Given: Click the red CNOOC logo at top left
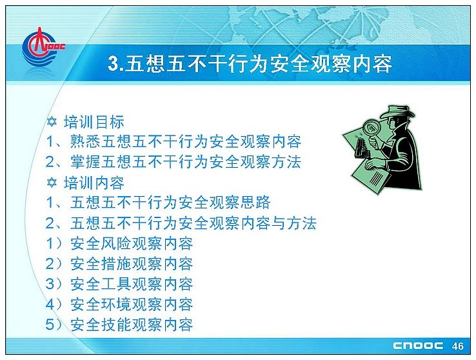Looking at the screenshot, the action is pyautogui.click(x=42, y=47).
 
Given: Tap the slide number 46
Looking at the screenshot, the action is pyautogui.click(x=457, y=346).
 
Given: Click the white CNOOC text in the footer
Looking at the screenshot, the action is pyautogui.click(x=418, y=346).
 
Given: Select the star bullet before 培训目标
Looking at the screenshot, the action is pyautogui.click(x=52, y=122).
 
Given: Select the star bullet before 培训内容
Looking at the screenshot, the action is pyautogui.click(x=52, y=183).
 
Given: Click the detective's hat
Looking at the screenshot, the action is pyautogui.click(x=397, y=112).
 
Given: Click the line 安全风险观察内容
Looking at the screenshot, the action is pyautogui.click(x=131, y=243).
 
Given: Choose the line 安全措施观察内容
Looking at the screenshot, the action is pyautogui.click(x=131, y=264).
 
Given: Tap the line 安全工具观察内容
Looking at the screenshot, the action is pyautogui.click(x=131, y=284).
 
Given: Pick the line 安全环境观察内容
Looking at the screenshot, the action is pyautogui.click(x=131, y=304).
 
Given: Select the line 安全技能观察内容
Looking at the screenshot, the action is pyautogui.click(x=131, y=325).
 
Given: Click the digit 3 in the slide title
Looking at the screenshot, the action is pyautogui.click(x=114, y=64).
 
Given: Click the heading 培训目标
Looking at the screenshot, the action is pyautogui.click(x=94, y=122).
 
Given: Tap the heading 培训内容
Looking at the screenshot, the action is pyautogui.click(x=94, y=183).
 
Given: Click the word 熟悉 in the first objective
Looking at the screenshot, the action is pyautogui.click(x=85, y=141).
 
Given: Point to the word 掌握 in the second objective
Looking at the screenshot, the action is pyautogui.click(x=85, y=161).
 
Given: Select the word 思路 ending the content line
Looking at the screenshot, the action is pyautogui.click(x=255, y=203).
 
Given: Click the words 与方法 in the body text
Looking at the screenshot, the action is pyautogui.click(x=293, y=223).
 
